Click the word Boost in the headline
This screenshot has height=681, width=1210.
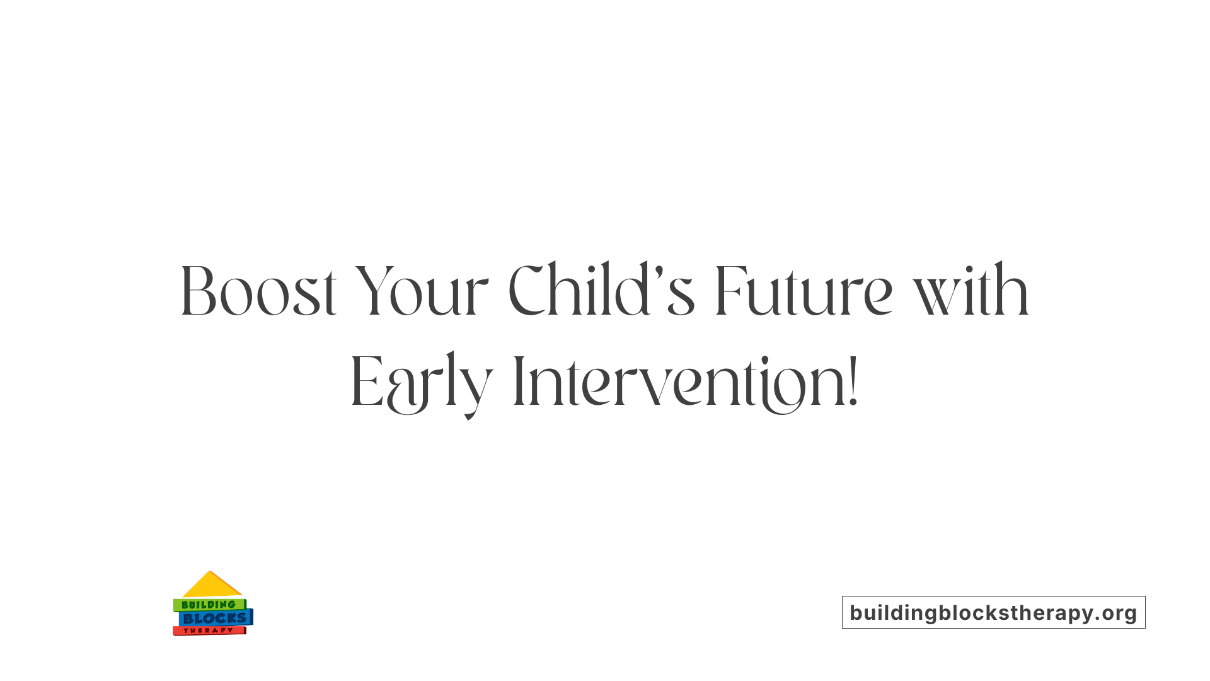[x=258, y=291]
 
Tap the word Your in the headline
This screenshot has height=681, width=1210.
[x=421, y=291]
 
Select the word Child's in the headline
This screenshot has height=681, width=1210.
[x=601, y=291]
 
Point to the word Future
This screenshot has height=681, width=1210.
[x=804, y=291]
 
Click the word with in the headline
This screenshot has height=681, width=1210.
[x=971, y=291]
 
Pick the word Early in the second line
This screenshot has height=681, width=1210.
[x=421, y=383]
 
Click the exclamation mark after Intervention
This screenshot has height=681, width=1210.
[x=853, y=381]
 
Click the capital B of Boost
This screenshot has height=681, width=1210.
[x=198, y=291]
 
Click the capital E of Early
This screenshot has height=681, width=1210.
[x=366, y=383]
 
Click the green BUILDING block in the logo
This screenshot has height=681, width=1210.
[x=209, y=605]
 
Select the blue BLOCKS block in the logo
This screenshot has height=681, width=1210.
[x=214, y=619]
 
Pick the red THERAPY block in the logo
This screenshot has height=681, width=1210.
[x=209, y=631]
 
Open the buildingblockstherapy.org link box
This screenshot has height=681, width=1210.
[x=993, y=612]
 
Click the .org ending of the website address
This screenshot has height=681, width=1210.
[x=1117, y=613]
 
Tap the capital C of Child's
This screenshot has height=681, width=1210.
[x=526, y=291]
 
